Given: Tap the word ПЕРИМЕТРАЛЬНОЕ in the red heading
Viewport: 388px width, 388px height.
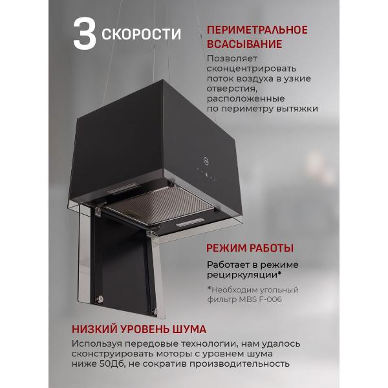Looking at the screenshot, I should click(257, 30).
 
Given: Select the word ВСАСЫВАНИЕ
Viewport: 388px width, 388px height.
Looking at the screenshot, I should click(244, 44).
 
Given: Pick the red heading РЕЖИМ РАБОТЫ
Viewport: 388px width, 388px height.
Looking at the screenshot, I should click(250, 248).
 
